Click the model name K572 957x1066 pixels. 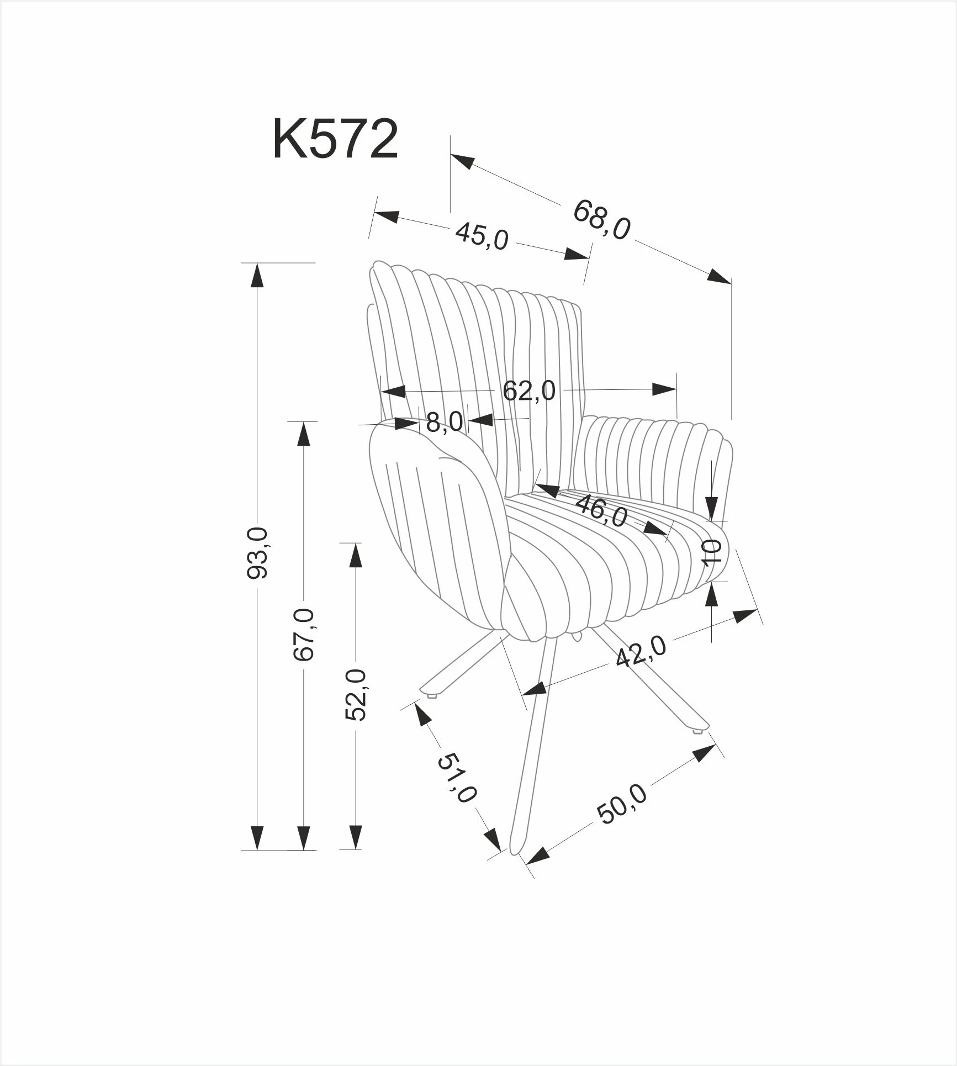pos(335,140)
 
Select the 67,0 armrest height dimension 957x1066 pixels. pos(304,635)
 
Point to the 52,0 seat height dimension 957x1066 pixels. pos(356,694)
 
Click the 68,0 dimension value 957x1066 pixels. pos(601,219)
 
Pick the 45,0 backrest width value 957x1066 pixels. pos(482,236)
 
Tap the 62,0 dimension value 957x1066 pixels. pos(529,391)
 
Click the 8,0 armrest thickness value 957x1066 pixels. pos(445,423)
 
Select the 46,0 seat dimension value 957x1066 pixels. pos(601,511)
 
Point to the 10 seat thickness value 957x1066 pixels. pos(712,552)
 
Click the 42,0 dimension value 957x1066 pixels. pos(641,652)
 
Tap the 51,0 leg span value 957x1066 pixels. pos(456,779)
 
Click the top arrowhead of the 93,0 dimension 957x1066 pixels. pos(256,275)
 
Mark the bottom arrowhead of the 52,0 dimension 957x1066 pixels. pos(356,853)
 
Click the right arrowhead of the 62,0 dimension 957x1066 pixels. pos(664,389)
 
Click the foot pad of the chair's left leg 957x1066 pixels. pos(432,696)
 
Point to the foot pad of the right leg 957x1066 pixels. pos(698,732)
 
